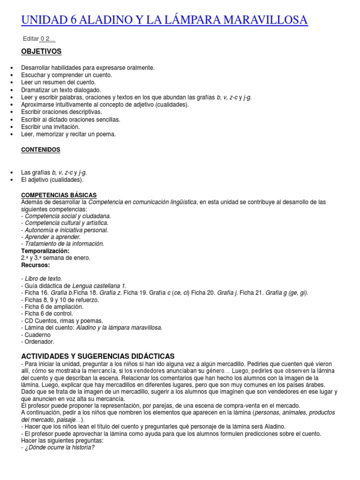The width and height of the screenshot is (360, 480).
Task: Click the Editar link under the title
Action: tap(30, 39)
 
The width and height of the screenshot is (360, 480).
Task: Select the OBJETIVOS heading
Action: tap(41, 52)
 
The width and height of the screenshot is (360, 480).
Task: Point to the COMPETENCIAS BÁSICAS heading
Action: tap(59, 195)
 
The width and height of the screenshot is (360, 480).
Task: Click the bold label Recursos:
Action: tap(35, 265)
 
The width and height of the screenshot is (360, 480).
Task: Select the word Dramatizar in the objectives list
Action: tap(35, 90)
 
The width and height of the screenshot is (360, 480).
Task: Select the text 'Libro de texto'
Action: tap(43, 278)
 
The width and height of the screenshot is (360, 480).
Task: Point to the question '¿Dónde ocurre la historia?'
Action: tap(60, 447)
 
